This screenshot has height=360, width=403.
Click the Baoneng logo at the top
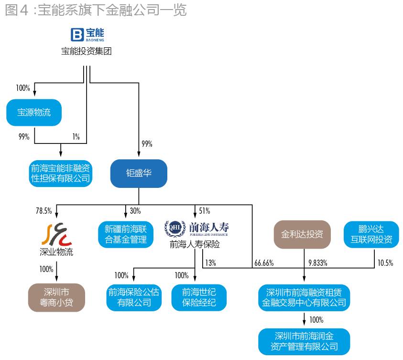pyautogui.click(x=87, y=34)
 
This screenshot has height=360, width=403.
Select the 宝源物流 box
pyautogui.click(x=34, y=113)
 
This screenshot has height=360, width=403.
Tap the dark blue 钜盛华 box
pyautogui.click(x=139, y=173)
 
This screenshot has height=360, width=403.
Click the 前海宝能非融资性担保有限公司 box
pyautogui.click(x=60, y=173)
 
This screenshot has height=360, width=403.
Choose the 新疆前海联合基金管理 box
pyautogui.click(x=126, y=234)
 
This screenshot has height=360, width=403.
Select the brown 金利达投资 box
pyautogui.click(x=302, y=234)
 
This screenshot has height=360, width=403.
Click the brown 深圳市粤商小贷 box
pyautogui.click(x=56, y=297)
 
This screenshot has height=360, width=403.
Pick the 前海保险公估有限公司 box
pyautogui.click(x=133, y=297)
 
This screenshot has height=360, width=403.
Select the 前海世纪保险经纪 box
pyautogui.click(x=199, y=297)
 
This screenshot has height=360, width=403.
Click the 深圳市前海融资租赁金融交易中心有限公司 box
pyautogui.click(x=304, y=297)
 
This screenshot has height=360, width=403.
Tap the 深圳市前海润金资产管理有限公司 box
pyautogui.click(x=304, y=341)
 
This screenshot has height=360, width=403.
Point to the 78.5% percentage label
pyautogui.click(x=44, y=211)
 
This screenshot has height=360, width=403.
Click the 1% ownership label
pyautogui.click(x=76, y=136)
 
